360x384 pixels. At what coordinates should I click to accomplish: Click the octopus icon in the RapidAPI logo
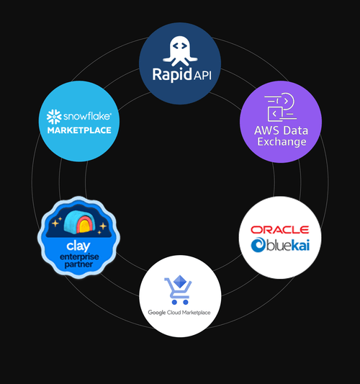180,51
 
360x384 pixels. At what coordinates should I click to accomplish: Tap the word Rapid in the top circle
172,74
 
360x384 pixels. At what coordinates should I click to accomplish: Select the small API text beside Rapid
202,76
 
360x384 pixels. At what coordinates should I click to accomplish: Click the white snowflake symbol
54,117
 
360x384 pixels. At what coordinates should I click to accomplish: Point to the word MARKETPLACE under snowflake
79,130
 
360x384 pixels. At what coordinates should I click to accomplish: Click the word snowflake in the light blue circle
87,116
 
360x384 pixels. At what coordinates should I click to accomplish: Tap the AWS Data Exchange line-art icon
281,107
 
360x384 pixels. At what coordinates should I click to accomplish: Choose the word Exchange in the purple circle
282,142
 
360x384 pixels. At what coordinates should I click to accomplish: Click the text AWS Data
282,130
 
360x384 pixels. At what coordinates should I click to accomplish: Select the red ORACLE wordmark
280,230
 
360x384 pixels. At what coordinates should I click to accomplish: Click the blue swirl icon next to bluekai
258,245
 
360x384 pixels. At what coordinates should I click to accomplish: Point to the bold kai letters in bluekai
300,245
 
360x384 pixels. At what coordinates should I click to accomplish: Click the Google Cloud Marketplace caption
179,313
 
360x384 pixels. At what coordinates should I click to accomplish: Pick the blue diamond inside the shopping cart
180,282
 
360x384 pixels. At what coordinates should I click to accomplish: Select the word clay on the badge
78,246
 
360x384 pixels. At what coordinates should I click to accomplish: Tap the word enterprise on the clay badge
79,257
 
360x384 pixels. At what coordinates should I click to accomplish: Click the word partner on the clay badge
78,264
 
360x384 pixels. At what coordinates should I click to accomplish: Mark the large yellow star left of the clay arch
55,223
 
